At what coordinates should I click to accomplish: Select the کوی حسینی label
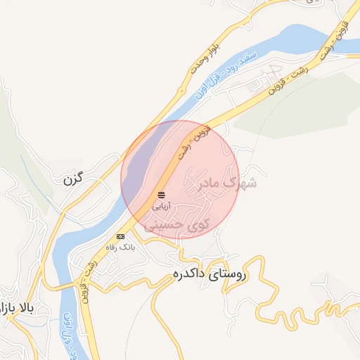[x=177, y=226]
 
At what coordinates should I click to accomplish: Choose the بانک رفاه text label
[x=119, y=247]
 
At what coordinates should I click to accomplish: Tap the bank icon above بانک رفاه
[x=120, y=237]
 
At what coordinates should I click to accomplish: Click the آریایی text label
[x=162, y=207]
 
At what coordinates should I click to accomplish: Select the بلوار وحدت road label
[x=205, y=56]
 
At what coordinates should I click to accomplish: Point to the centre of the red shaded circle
[x=180, y=179]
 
